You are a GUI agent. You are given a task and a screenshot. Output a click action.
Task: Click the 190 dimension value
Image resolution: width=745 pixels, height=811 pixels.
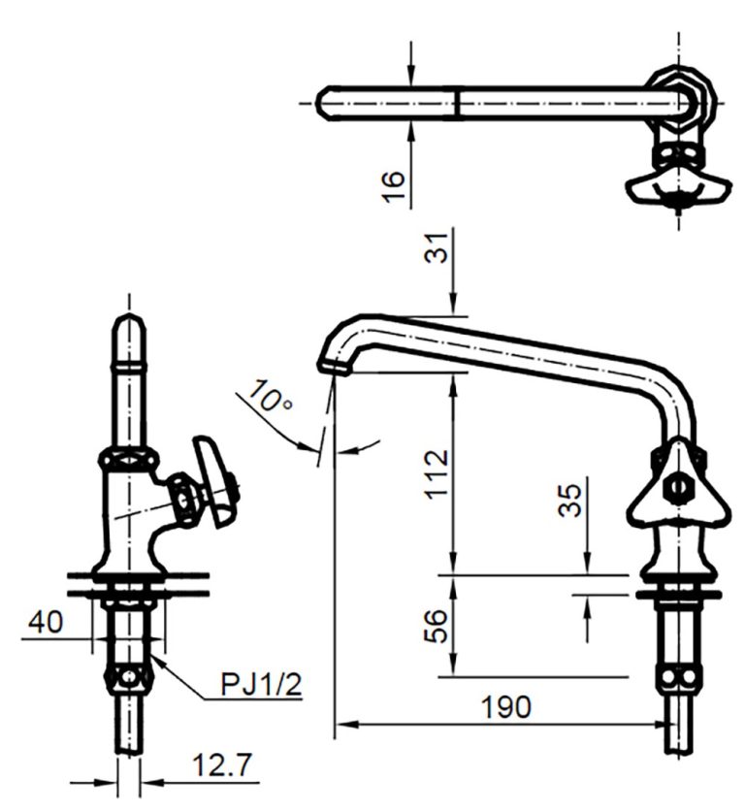click(507, 707)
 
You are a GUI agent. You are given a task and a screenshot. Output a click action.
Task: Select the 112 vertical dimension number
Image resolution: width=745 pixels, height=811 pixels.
click(437, 472)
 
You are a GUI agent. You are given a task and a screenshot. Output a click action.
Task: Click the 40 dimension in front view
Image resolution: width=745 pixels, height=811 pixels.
click(46, 621)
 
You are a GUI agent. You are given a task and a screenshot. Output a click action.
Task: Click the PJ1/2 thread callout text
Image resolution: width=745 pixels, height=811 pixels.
click(261, 685)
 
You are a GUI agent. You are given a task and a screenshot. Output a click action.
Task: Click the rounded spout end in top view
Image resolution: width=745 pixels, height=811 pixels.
click(328, 100)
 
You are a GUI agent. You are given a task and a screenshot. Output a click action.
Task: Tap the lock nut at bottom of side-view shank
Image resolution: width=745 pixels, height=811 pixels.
click(676, 676)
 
